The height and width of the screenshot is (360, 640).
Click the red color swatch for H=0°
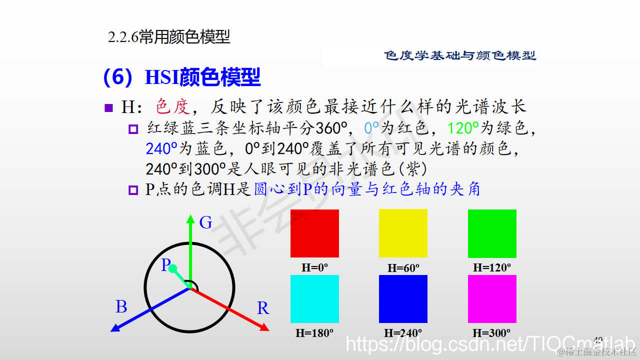pos(314,233)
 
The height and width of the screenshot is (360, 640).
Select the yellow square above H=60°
pos(403,233)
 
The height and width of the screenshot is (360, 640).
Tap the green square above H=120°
pos(492,233)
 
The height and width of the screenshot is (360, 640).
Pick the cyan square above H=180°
pos(314,298)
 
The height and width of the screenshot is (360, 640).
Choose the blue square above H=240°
pos(403,298)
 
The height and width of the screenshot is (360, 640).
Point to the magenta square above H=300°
pos(492,298)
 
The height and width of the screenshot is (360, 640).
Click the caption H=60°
pos(403,268)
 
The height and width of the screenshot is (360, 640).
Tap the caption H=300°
pos(491,332)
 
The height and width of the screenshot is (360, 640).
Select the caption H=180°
pos(314,332)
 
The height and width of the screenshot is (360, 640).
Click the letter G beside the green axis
pos(205,223)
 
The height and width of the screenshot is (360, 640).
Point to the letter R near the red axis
pos(263,308)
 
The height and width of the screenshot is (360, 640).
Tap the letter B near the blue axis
pos(121,306)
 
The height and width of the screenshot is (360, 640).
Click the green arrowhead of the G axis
pos(190,218)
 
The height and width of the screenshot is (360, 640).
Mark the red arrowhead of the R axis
pos(265,327)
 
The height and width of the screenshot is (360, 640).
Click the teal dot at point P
pos(173,269)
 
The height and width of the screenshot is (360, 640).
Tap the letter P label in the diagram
pos(165,265)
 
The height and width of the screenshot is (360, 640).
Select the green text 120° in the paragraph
pos(463,128)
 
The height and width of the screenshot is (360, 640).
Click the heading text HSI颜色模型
pos(202,77)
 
